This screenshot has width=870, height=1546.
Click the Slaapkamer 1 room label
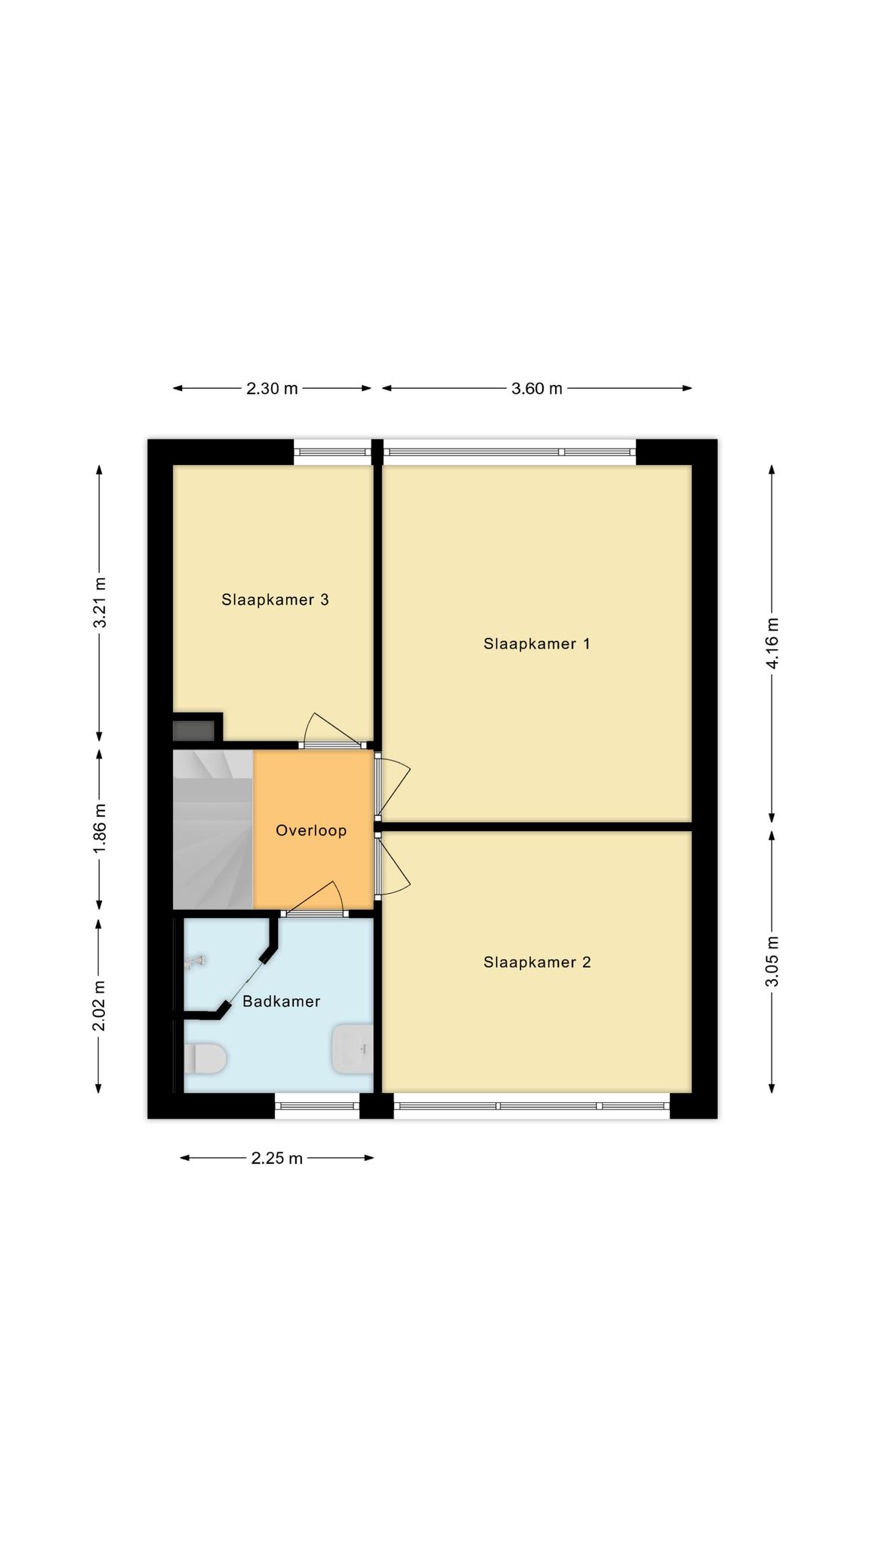coord(536,644)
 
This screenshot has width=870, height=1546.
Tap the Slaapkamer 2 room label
coord(537,962)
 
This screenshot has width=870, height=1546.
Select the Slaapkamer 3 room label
coord(275,600)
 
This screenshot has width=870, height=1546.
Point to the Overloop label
coord(311,830)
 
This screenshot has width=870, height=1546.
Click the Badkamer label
coord(281,1002)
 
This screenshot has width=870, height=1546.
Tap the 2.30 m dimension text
coord(272,389)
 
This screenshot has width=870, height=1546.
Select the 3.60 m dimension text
coord(537,389)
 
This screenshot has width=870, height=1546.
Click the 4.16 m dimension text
coord(772,643)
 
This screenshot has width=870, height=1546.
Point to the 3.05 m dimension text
coord(772,961)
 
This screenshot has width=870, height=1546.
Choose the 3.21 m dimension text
coord(99,602)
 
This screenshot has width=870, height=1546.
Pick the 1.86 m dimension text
coord(99,830)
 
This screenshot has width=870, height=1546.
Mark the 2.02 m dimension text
coord(99,1006)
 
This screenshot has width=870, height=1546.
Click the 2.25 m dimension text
coord(277,1158)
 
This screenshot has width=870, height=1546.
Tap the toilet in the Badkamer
coord(205,1058)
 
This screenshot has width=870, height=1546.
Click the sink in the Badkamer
coord(353,1049)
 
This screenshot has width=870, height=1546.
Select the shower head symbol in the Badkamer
coord(195,961)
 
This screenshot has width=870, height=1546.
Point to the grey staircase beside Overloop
coord(213,830)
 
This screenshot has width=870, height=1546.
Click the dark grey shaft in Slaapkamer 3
coord(193,731)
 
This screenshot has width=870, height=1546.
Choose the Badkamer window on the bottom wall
coord(316,1106)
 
